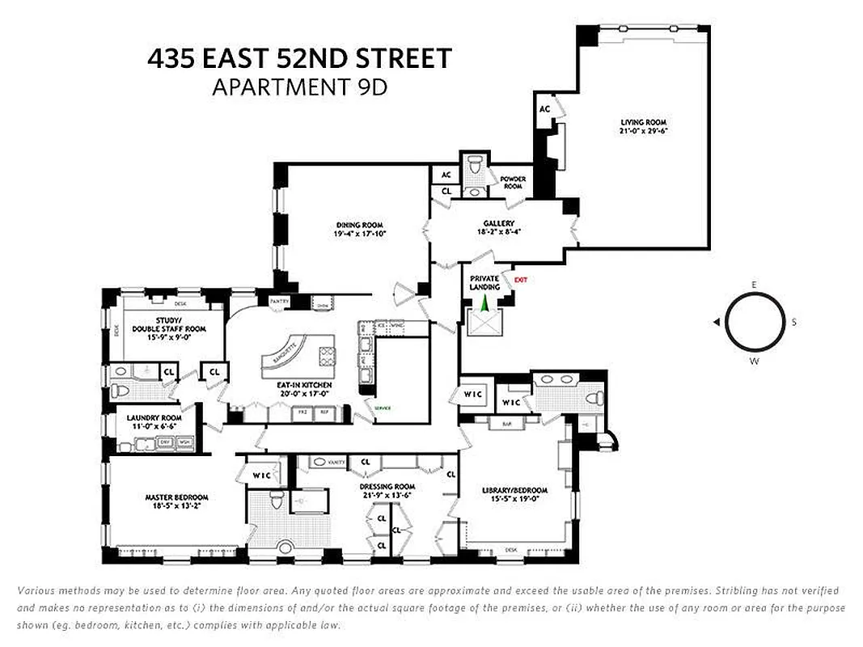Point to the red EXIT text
click(x=520, y=280)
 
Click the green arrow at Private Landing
click(x=484, y=304)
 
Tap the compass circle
click(x=754, y=321)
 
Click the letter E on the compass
click(x=754, y=285)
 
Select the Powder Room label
click(x=513, y=183)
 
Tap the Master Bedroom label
click(x=176, y=501)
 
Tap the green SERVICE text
click(x=382, y=408)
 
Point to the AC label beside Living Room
click(x=544, y=109)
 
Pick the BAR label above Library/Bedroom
click(x=507, y=423)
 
